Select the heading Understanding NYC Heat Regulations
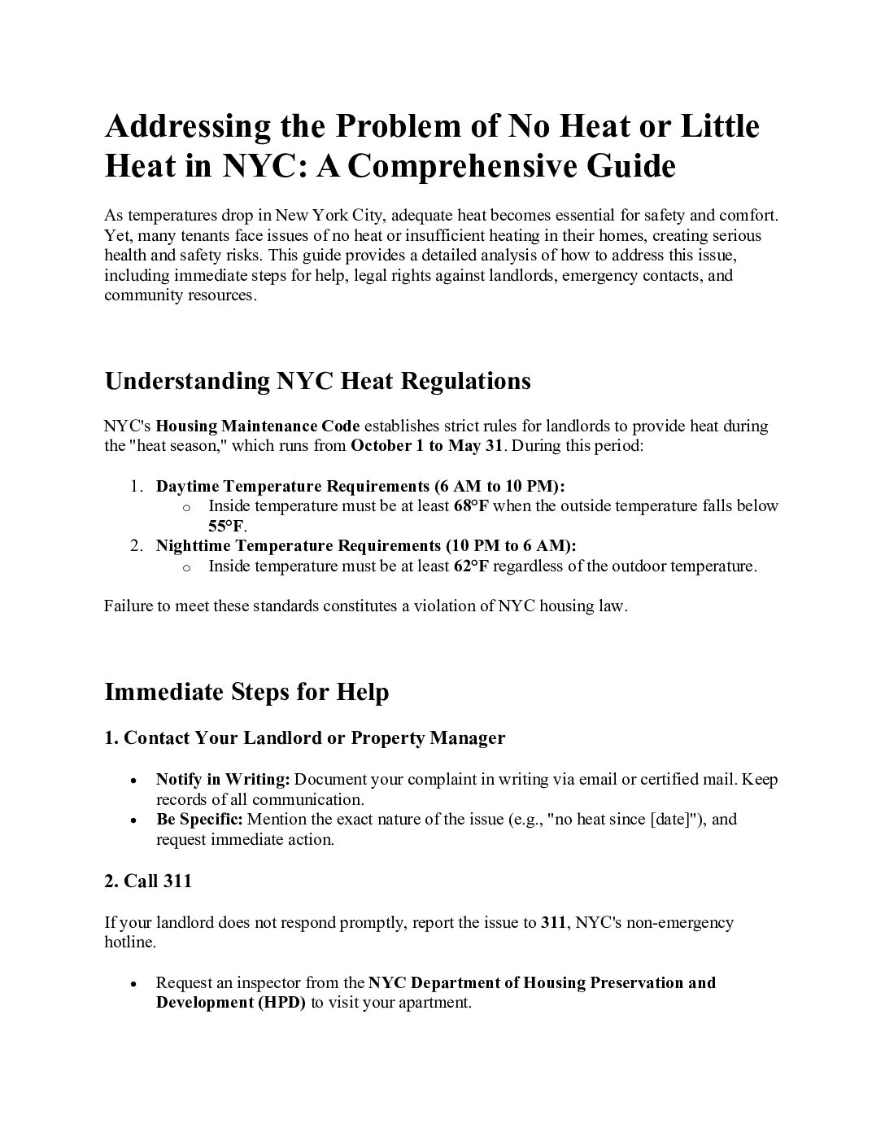(x=317, y=381)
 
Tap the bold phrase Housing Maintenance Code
(x=258, y=426)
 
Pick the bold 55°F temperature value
(x=226, y=526)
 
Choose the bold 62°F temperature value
(x=471, y=566)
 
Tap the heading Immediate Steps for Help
(x=246, y=692)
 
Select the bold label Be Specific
(x=199, y=819)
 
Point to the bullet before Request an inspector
(x=133, y=983)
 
